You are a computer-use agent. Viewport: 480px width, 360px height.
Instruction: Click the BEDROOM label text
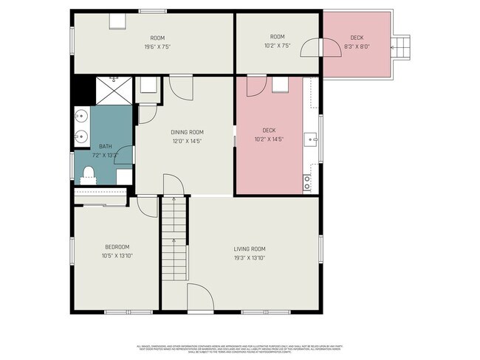(x=117, y=246)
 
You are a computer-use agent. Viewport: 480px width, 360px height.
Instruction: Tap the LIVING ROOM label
(x=249, y=249)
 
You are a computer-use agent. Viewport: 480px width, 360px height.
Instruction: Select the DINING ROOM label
(x=186, y=132)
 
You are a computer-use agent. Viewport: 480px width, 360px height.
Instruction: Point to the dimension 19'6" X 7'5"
(x=157, y=46)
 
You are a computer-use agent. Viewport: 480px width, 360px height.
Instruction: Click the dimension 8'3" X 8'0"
(x=357, y=46)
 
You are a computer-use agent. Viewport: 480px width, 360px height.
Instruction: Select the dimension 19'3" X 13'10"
(x=249, y=257)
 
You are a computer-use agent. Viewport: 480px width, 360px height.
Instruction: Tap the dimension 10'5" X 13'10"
(x=117, y=255)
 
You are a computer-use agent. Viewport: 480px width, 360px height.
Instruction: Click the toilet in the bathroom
(x=89, y=174)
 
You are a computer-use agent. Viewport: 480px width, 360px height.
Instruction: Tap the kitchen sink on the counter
(x=315, y=137)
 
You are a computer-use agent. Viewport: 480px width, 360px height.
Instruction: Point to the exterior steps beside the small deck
(x=402, y=48)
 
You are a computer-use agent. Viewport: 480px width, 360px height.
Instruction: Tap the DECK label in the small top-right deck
(x=357, y=38)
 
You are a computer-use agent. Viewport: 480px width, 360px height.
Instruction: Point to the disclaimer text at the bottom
(x=240, y=348)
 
